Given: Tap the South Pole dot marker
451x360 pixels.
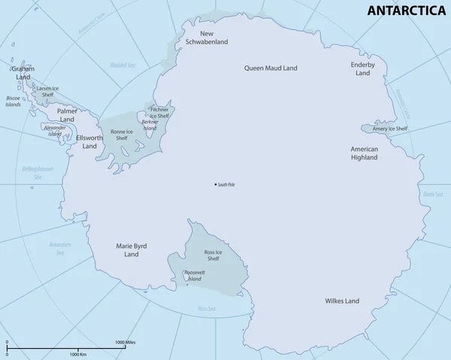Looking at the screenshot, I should (x=216, y=185).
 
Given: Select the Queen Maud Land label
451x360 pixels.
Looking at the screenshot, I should (x=271, y=68).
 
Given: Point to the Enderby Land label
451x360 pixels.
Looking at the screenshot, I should (x=362, y=69).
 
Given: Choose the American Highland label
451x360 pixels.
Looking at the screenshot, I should (x=364, y=154).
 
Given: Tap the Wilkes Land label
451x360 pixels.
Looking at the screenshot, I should (x=342, y=301).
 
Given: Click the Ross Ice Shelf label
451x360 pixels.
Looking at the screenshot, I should (x=213, y=255).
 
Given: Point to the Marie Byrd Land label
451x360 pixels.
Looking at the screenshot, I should (x=132, y=250).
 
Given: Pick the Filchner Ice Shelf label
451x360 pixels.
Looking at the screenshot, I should (x=159, y=113).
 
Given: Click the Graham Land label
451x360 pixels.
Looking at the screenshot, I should (x=23, y=73).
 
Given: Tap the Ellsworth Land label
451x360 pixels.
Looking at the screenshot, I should (x=91, y=142).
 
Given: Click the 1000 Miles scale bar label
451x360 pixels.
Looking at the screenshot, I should (x=125, y=343).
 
